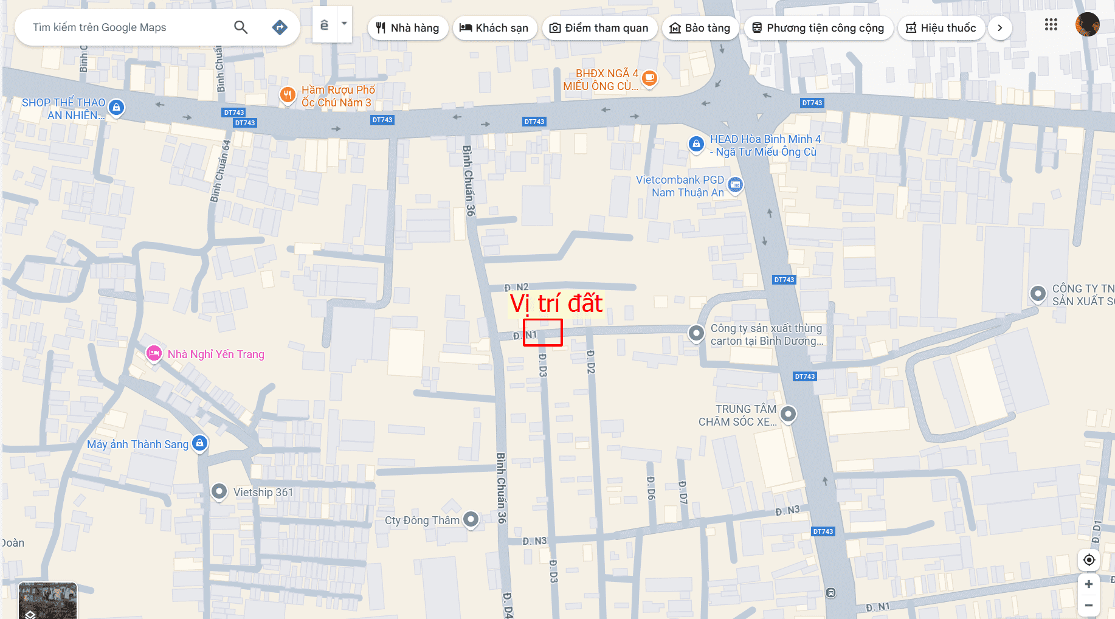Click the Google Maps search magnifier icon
[241, 27]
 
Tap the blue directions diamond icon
[280, 27]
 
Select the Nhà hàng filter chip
[408, 28]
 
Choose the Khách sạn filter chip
[494, 28]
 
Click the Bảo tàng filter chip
[700, 28]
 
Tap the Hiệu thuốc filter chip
[941, 28]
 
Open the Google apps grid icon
[1051, 25]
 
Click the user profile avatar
[1087, 25]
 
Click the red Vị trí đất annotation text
[556, 303]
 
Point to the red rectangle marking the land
[543, 333]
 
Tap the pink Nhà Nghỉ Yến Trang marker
[154, 353]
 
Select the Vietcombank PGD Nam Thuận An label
[680, 186]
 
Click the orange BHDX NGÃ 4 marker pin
[650, 78]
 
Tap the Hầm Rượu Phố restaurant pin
[288, 95]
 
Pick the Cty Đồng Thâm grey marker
[471, 519]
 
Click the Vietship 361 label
[263, 493]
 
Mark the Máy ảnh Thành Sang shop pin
[199, 443]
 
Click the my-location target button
[1089, 560]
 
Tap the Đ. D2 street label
[590, 361]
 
